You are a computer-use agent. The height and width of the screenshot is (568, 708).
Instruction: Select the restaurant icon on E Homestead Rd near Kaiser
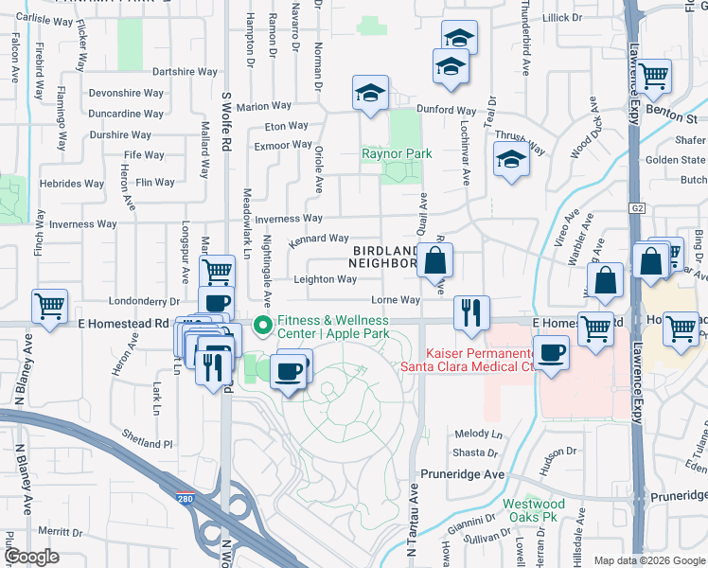[470, 311]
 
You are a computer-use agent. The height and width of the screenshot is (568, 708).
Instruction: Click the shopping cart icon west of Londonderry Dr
[49, 305]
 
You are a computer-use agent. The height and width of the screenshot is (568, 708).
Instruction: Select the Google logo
[30, 557]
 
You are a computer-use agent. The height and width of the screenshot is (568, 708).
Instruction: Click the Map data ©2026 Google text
[648, 560]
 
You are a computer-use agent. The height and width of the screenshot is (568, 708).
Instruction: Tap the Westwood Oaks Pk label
[528, 510]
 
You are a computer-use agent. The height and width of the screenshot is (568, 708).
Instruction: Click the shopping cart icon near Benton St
[653, 75]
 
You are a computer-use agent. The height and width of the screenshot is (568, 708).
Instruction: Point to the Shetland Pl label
[148, 443]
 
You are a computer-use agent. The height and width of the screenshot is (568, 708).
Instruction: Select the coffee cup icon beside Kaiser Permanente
[552, 354]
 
